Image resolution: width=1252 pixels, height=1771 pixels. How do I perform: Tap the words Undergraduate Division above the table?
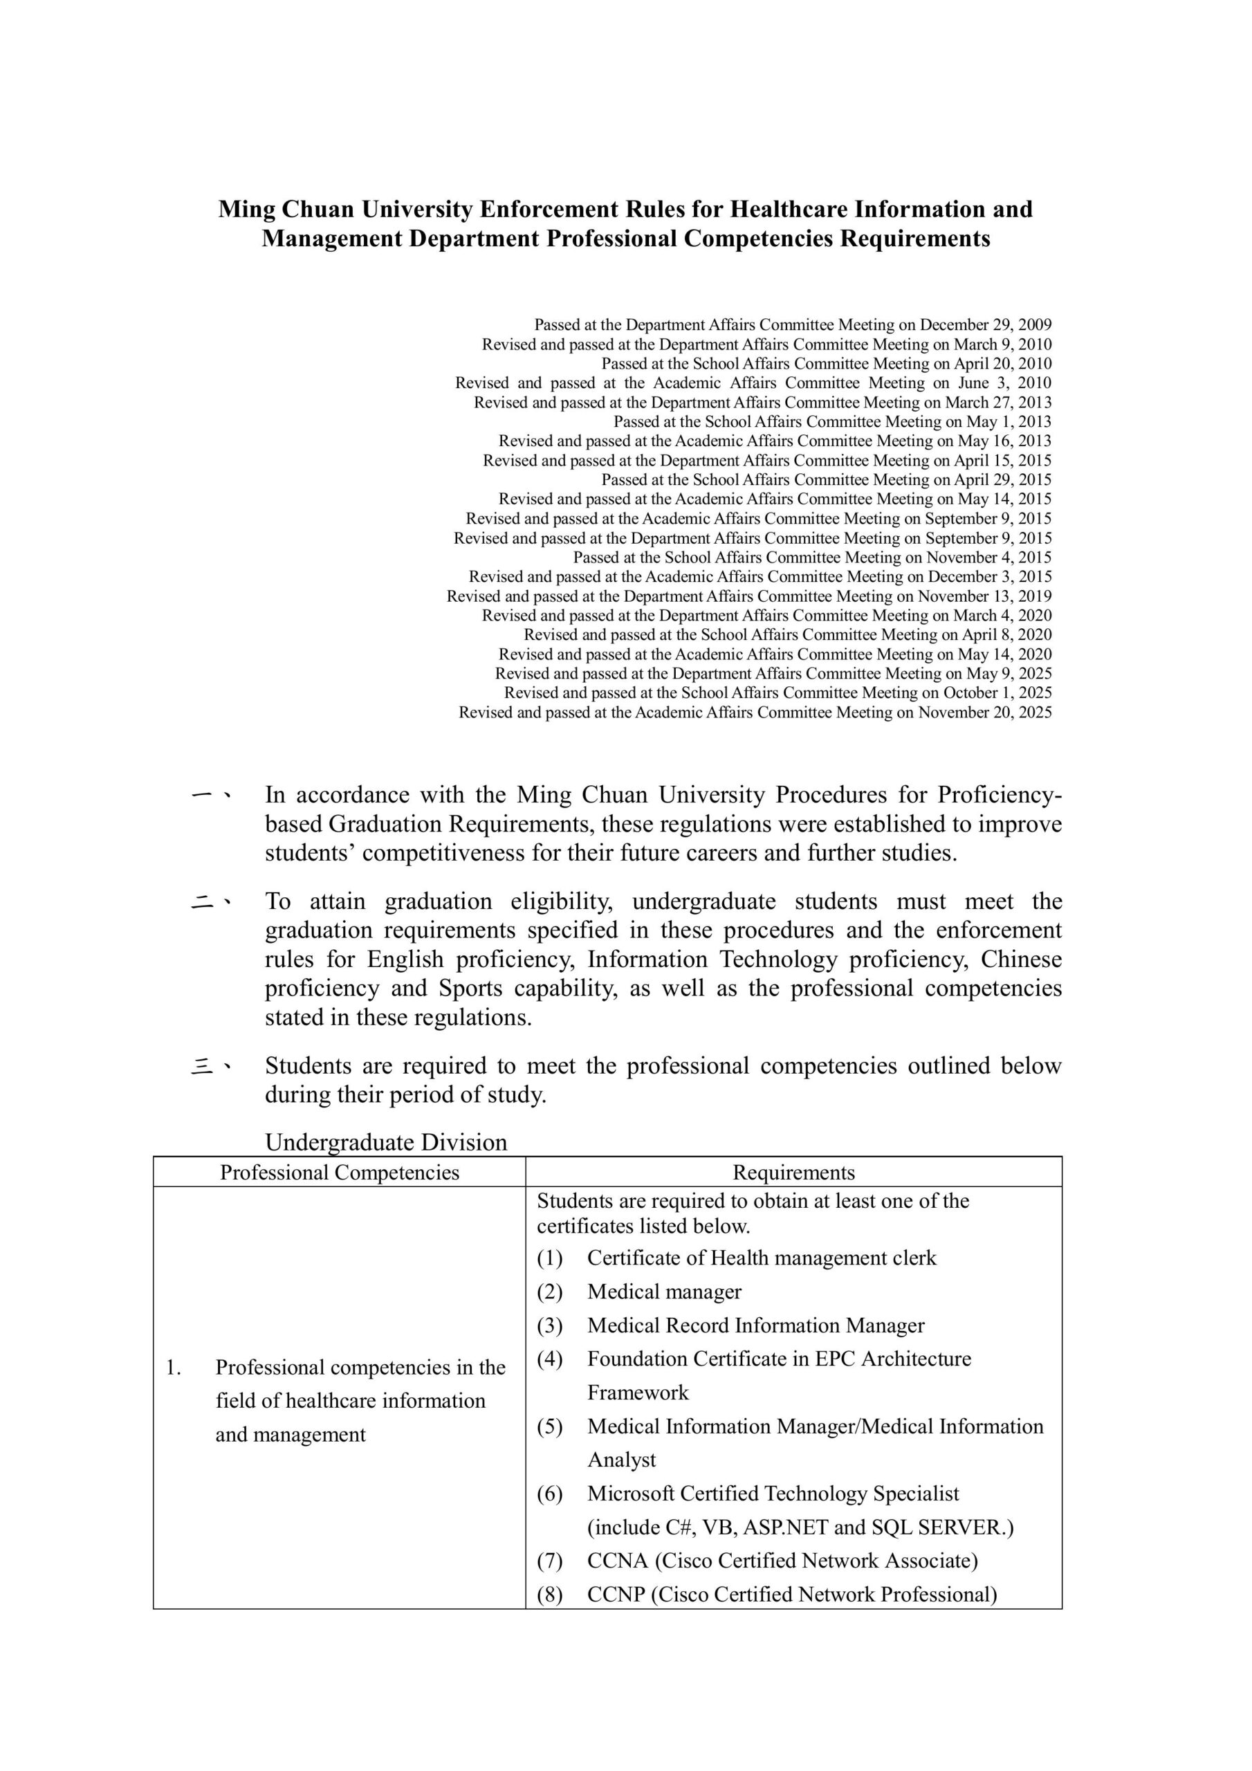[x=386, y=1142]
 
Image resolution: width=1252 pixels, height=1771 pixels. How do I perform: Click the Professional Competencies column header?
[x=340, y=1173]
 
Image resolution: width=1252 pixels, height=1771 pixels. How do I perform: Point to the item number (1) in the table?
[x=549, y=1258]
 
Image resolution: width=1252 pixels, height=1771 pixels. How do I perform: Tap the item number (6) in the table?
[x=549, y=1494]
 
